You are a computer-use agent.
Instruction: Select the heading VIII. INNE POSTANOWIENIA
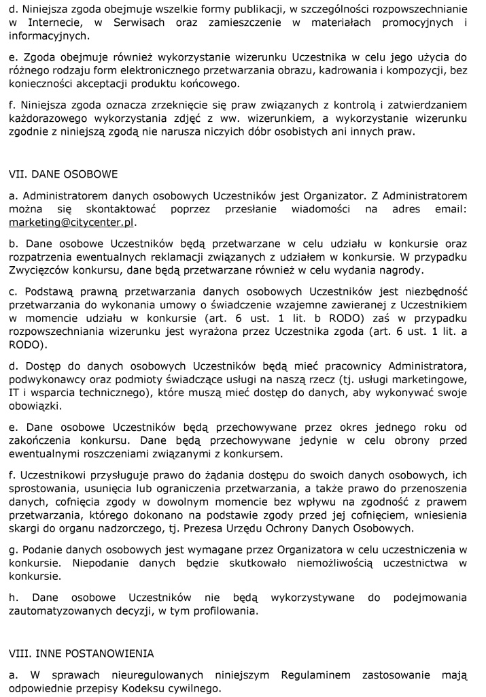click(81, 653)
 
